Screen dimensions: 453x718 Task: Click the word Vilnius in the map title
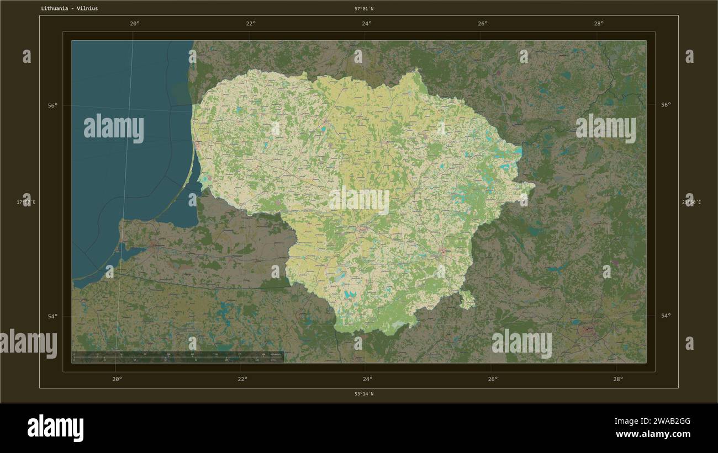(x=87, y=9)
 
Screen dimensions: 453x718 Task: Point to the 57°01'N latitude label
(x=364, y=9)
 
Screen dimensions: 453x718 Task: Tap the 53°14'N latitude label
(x=364, y=394)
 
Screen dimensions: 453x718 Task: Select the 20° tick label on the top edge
(x=134, y=23)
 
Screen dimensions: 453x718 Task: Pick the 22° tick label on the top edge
(x=251, y=23)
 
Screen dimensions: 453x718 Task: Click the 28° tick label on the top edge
(x=599, y=23)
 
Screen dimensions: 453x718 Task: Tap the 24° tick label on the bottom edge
(x=367, y=379)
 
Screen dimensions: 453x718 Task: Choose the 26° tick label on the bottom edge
(x=493, y=379)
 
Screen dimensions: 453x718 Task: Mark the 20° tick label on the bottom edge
(x=117, y=379)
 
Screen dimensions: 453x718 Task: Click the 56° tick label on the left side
(x=52, y=105)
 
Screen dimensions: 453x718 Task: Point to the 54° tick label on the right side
(x=666, y=316)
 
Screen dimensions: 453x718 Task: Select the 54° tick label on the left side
(x=52, y=316)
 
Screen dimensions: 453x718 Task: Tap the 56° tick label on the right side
(x=666, y=104)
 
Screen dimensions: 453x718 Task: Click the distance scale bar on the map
(x=177, y=356)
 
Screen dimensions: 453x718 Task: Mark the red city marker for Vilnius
(x=443, y=252)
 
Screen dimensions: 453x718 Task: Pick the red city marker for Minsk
(x=587, y=331)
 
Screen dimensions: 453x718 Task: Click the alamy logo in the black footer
(x=55, y=428)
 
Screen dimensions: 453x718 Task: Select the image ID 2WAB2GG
(x=652, y=422)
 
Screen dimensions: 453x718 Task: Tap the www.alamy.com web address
(x=653, y=435)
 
